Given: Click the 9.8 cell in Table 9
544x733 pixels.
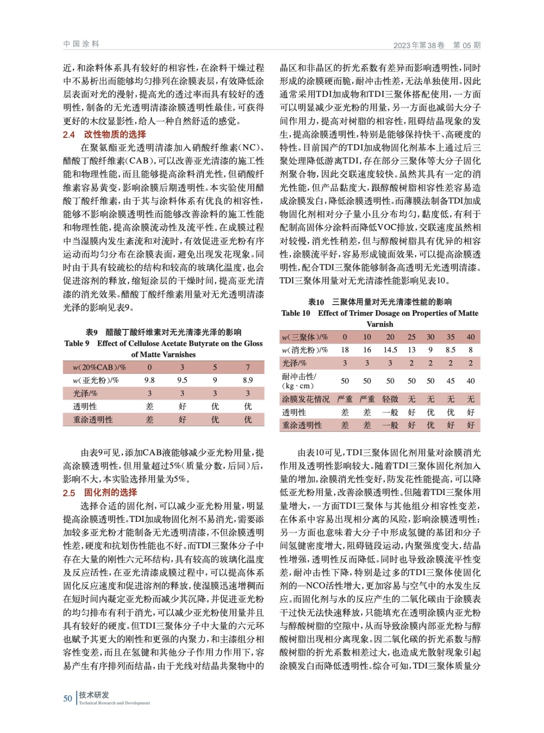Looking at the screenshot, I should click(x=149, y=380).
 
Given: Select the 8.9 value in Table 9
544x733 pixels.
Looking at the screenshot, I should click(x=247, y=380).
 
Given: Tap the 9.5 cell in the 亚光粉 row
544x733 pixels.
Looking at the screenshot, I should click(x=182, y=380).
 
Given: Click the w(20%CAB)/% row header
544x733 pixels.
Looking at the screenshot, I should click(x=99, y=367).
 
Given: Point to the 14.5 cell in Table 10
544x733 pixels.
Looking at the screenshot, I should click(x=390, y=350).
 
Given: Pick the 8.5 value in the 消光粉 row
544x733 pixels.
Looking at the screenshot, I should click(x=451, y=350).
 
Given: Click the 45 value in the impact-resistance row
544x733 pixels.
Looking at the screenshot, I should click(x=451, y=381).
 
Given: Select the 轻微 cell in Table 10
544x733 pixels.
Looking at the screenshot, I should click(x=390, y=399).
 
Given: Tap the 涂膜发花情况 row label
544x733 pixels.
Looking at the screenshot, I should click(x=305, y=399).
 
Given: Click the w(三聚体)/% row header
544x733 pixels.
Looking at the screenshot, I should click(x=305, y=337).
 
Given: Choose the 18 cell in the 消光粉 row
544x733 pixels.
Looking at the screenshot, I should click(x=345, y=350).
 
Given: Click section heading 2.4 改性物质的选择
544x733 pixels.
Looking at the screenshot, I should click(x=104, y=135).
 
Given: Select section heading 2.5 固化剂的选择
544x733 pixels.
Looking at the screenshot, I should click(x=100, y=492).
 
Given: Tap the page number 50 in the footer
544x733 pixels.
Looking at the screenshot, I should click(x=67, y=698).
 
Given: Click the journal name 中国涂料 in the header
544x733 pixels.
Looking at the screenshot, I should click(x=81, y=44).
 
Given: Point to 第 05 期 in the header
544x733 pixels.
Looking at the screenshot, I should click(x=467, y=45).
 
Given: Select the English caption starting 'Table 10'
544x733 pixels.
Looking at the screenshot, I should click(x=379, y=313).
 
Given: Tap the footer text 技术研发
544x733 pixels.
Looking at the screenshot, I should click(x=94, y=695).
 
